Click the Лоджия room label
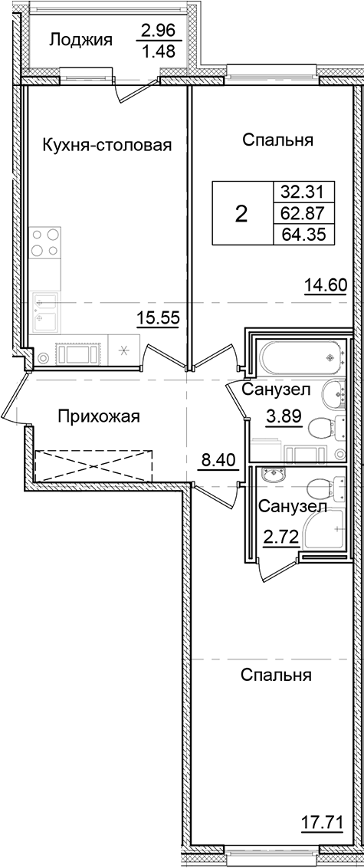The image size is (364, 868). tap(81, 40)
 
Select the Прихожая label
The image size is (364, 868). tap(99, 416)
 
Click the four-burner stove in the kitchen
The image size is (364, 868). tap(44, 243)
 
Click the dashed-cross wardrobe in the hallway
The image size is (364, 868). tap(93, 465)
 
